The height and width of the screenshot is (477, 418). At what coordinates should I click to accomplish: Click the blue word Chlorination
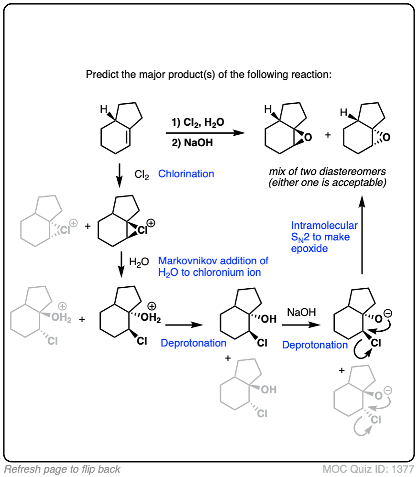tap(186, 174)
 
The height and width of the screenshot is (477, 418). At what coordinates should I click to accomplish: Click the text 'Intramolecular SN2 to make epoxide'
tap(324, 237)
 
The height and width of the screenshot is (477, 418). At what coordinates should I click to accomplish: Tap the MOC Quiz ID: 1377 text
tap(368, 469)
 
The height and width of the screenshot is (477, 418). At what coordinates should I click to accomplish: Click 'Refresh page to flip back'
tap(62, 469)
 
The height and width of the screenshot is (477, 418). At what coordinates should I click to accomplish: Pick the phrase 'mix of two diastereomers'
tap(327, 172)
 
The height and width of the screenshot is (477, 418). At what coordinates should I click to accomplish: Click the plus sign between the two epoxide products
tap(327, 135)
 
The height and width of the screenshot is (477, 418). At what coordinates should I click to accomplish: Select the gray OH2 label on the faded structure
tap(60, 318)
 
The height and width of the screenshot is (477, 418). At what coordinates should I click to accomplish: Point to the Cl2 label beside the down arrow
tap(142, 175)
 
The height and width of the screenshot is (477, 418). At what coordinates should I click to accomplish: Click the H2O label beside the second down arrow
tap(142, 262)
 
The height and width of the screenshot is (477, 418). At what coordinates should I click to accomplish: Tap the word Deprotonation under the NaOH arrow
tap(315, 345)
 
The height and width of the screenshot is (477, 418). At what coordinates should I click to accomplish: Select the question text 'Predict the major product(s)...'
tap(209, 75)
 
